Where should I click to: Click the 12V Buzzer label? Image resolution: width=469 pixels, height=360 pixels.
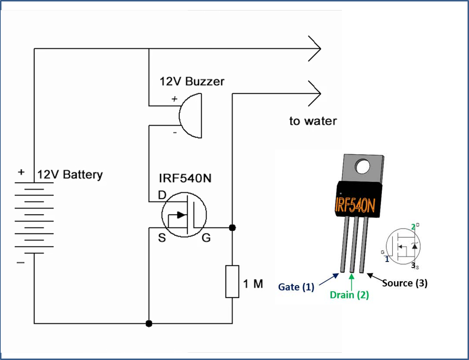[192, 82]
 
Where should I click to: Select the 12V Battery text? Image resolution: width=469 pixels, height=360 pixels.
[70, 175]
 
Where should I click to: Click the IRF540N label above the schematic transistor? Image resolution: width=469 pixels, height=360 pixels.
[185, 178]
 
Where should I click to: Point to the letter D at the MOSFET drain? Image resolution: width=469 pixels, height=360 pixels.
[162, 195]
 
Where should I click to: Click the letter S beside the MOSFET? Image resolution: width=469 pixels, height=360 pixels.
[162, 238]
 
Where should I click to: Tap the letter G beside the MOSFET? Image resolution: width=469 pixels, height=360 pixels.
[206, 238]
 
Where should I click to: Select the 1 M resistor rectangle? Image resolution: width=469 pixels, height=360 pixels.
[232, 282]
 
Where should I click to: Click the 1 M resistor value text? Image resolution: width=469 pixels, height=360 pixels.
[253, 284]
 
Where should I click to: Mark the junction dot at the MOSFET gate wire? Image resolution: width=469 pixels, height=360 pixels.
[233, 227]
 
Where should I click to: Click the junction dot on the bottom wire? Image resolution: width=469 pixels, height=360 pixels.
[149, 324]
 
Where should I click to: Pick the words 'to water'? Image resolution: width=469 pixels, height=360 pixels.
[313, 121]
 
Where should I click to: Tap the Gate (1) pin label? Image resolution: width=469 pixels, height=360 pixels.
[296, 287]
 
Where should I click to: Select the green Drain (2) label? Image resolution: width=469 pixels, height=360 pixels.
[349, 295]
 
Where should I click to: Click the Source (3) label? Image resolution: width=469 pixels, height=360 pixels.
[405, 283]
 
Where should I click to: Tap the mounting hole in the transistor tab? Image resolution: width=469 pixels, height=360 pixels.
[362, 166]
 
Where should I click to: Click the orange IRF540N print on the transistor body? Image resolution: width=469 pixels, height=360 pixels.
[355, 205]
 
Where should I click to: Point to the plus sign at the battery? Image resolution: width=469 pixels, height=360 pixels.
[21, 172]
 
